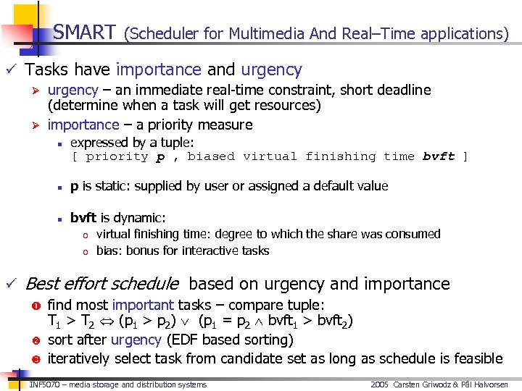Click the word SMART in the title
84,33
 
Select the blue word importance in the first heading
158,70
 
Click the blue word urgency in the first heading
271,70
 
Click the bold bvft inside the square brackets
439,156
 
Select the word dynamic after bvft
142,218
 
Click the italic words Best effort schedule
101,284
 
